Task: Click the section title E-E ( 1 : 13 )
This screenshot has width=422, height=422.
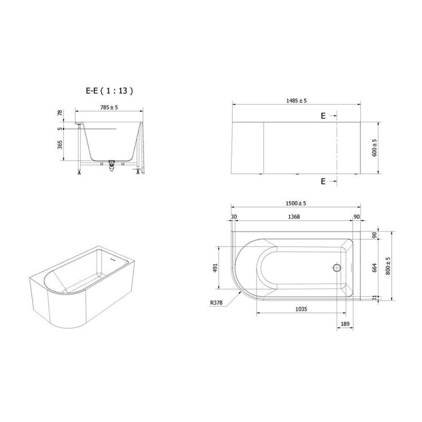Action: pos(109,91)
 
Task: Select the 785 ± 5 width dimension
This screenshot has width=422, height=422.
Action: pos(109,107)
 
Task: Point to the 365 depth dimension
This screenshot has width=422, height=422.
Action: pos(60,145)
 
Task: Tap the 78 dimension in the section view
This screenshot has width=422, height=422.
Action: pos(60,113)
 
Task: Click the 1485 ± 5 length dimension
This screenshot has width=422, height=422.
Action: pos(296,100)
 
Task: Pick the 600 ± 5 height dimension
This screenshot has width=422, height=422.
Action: pos(374,148)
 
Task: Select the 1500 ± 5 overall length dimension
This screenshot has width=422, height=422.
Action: pos(296,203)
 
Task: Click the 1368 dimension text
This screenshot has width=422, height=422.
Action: pos(294,217)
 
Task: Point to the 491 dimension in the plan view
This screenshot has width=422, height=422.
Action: pos(215,268)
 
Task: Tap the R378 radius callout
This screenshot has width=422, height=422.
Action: pos(217,302)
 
